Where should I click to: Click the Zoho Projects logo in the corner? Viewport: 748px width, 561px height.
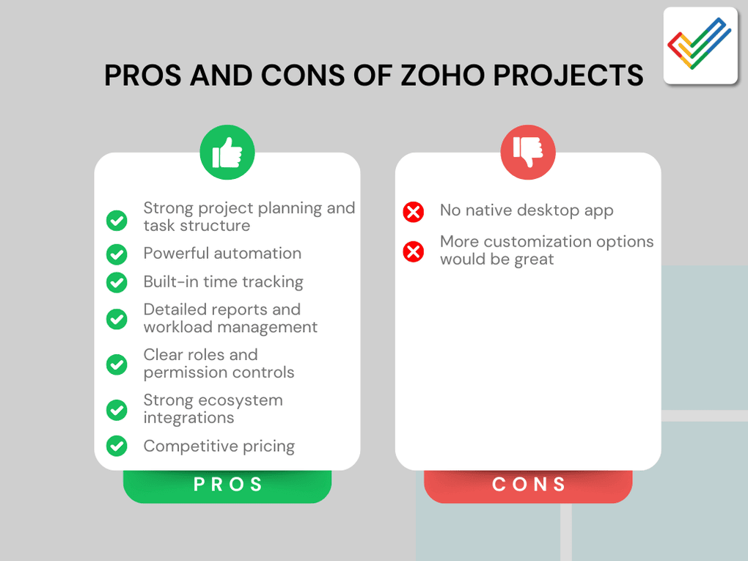(700, 45)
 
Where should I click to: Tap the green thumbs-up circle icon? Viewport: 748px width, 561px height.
(227, 153)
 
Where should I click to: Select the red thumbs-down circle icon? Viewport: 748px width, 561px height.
(528, 153)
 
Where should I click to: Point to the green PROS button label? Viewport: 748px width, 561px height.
(227, 484)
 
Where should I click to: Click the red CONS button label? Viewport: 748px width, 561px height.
(528, 484)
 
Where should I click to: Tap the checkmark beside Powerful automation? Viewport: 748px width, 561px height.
(117, 254)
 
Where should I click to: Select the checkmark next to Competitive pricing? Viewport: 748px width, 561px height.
(117, 446)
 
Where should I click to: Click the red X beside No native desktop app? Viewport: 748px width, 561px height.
(414, 212)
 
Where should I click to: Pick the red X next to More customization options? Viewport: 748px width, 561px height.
(414, 252)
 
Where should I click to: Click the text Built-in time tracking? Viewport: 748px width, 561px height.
(223, 282)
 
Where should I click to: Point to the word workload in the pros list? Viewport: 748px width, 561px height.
(177, 327)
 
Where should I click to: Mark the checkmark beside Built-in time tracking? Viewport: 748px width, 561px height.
(117, 282)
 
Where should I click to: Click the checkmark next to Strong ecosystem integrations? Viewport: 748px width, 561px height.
(117, 409)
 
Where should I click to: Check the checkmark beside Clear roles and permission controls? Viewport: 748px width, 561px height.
(117, 364)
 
